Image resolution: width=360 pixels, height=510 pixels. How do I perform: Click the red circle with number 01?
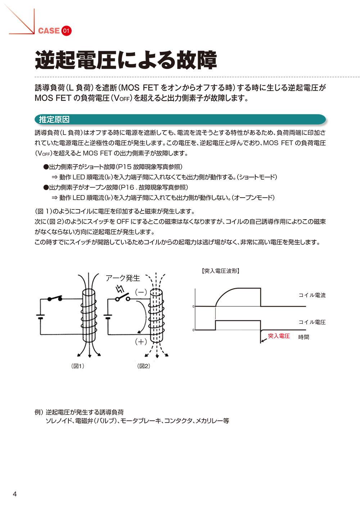(x=66, y=31)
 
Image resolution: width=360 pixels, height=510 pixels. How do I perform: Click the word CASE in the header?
(x=49, y=31)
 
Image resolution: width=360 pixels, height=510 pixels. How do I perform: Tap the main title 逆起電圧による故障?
(x=126, y=60)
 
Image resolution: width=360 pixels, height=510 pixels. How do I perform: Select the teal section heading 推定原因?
(x=54, y=119)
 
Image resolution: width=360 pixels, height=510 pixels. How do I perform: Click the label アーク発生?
(x=122, y=278)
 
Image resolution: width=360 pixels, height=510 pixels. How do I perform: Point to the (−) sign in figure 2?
(x=141, y=292)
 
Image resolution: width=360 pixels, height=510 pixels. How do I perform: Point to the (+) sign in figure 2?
(x=141, y=342)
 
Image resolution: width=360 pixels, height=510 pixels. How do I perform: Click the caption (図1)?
(x=78, y=366)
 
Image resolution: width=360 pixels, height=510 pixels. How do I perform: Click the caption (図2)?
(x=144, y=366)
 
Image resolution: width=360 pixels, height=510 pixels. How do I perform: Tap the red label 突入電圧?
(x=279, y=336)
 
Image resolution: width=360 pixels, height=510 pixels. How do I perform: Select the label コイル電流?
(x=312, y=295)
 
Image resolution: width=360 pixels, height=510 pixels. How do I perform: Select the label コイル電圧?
(x=312, y=322)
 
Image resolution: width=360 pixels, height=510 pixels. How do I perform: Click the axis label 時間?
(x=303, y=337)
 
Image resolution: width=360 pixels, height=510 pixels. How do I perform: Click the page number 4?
(x=15, y=494)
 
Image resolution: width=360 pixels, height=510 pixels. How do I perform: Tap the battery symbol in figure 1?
(x=40, y=317)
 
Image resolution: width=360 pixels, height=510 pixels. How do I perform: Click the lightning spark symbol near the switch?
(x=120, y=289)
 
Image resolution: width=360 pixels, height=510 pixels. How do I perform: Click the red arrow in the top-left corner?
(x=22, y=22)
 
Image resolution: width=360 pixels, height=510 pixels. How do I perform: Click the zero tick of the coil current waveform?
(x=194, y=307)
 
